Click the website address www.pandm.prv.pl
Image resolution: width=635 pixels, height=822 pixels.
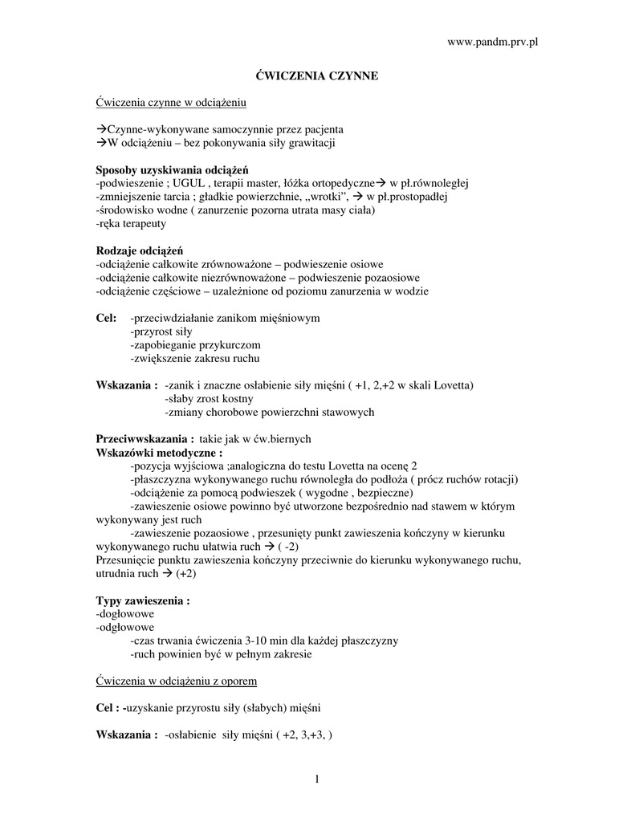click(491, 41)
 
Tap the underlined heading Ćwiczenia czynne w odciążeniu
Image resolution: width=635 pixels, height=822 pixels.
click(171, 102)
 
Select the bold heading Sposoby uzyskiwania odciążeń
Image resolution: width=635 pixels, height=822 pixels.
click(172, 169)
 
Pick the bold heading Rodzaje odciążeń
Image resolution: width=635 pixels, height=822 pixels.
click(140, 250)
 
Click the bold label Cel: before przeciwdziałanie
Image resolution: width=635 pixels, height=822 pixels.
click(106, 318)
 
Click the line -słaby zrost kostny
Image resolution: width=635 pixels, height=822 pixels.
click(209, 399)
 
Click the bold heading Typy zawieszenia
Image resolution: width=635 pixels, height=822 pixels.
click(143, 601)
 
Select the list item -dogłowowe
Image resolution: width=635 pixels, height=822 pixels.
click(124, 614)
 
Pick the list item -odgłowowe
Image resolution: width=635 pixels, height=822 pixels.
click(125, 628)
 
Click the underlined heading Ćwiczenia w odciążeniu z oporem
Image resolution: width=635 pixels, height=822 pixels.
click(177, 682)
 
